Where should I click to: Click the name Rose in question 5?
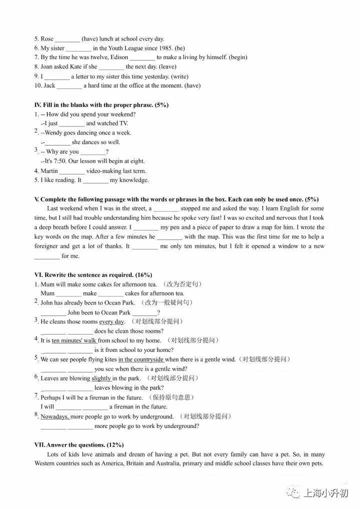click(x=47, y=39)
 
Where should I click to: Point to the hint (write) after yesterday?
click(x=179, y=76)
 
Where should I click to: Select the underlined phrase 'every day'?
click(x=111, y=321)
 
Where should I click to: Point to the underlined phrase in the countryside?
click(x=141, y=359)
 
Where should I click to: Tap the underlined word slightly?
click(x=101, y=378)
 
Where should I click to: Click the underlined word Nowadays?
click(x=55, y=416)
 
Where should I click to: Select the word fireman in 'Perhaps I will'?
click(x=99, y=397)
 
